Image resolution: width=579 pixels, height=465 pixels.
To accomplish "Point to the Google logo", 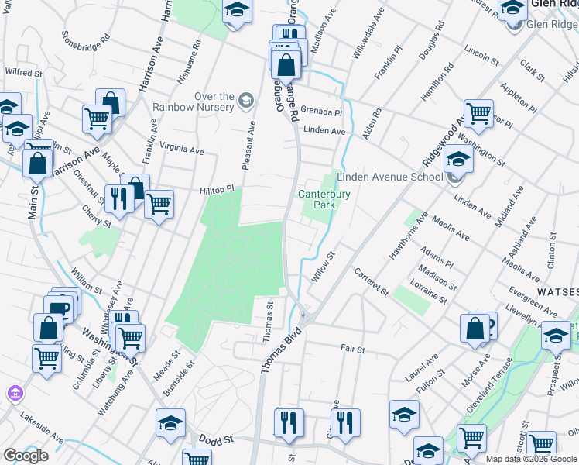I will pyautogui.click(x=26, y=456).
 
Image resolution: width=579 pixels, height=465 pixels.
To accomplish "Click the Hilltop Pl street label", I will pyautogui.click(x=217, y=189).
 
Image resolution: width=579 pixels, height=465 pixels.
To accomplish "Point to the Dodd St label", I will pyautogui.click(x=216, y=439).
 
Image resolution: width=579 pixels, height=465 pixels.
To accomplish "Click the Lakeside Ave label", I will pyautogui.click(x=41, y=425).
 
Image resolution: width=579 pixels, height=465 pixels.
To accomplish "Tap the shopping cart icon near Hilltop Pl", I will pyautogui.click(x=159, y=205).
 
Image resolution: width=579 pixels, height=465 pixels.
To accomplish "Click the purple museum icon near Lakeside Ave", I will pyautogui.click(x=13, y=394).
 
